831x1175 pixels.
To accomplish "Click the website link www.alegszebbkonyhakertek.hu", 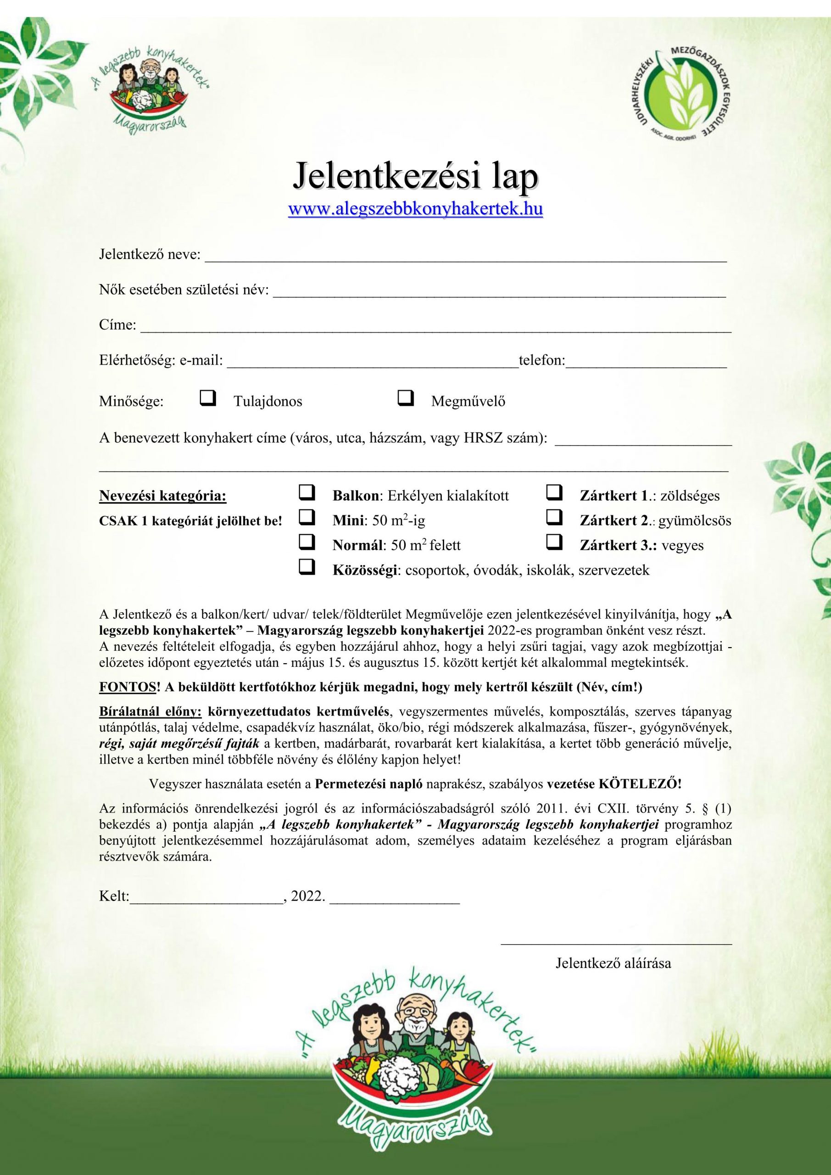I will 416,209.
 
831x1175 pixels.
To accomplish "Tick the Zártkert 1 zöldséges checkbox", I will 555,493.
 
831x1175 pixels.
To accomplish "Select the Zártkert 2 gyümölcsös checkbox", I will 555,518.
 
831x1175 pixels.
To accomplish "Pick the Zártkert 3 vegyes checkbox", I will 555,543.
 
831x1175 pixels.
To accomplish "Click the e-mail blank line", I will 373,364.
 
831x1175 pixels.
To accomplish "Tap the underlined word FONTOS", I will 128,687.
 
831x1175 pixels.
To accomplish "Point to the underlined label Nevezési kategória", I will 163,496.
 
